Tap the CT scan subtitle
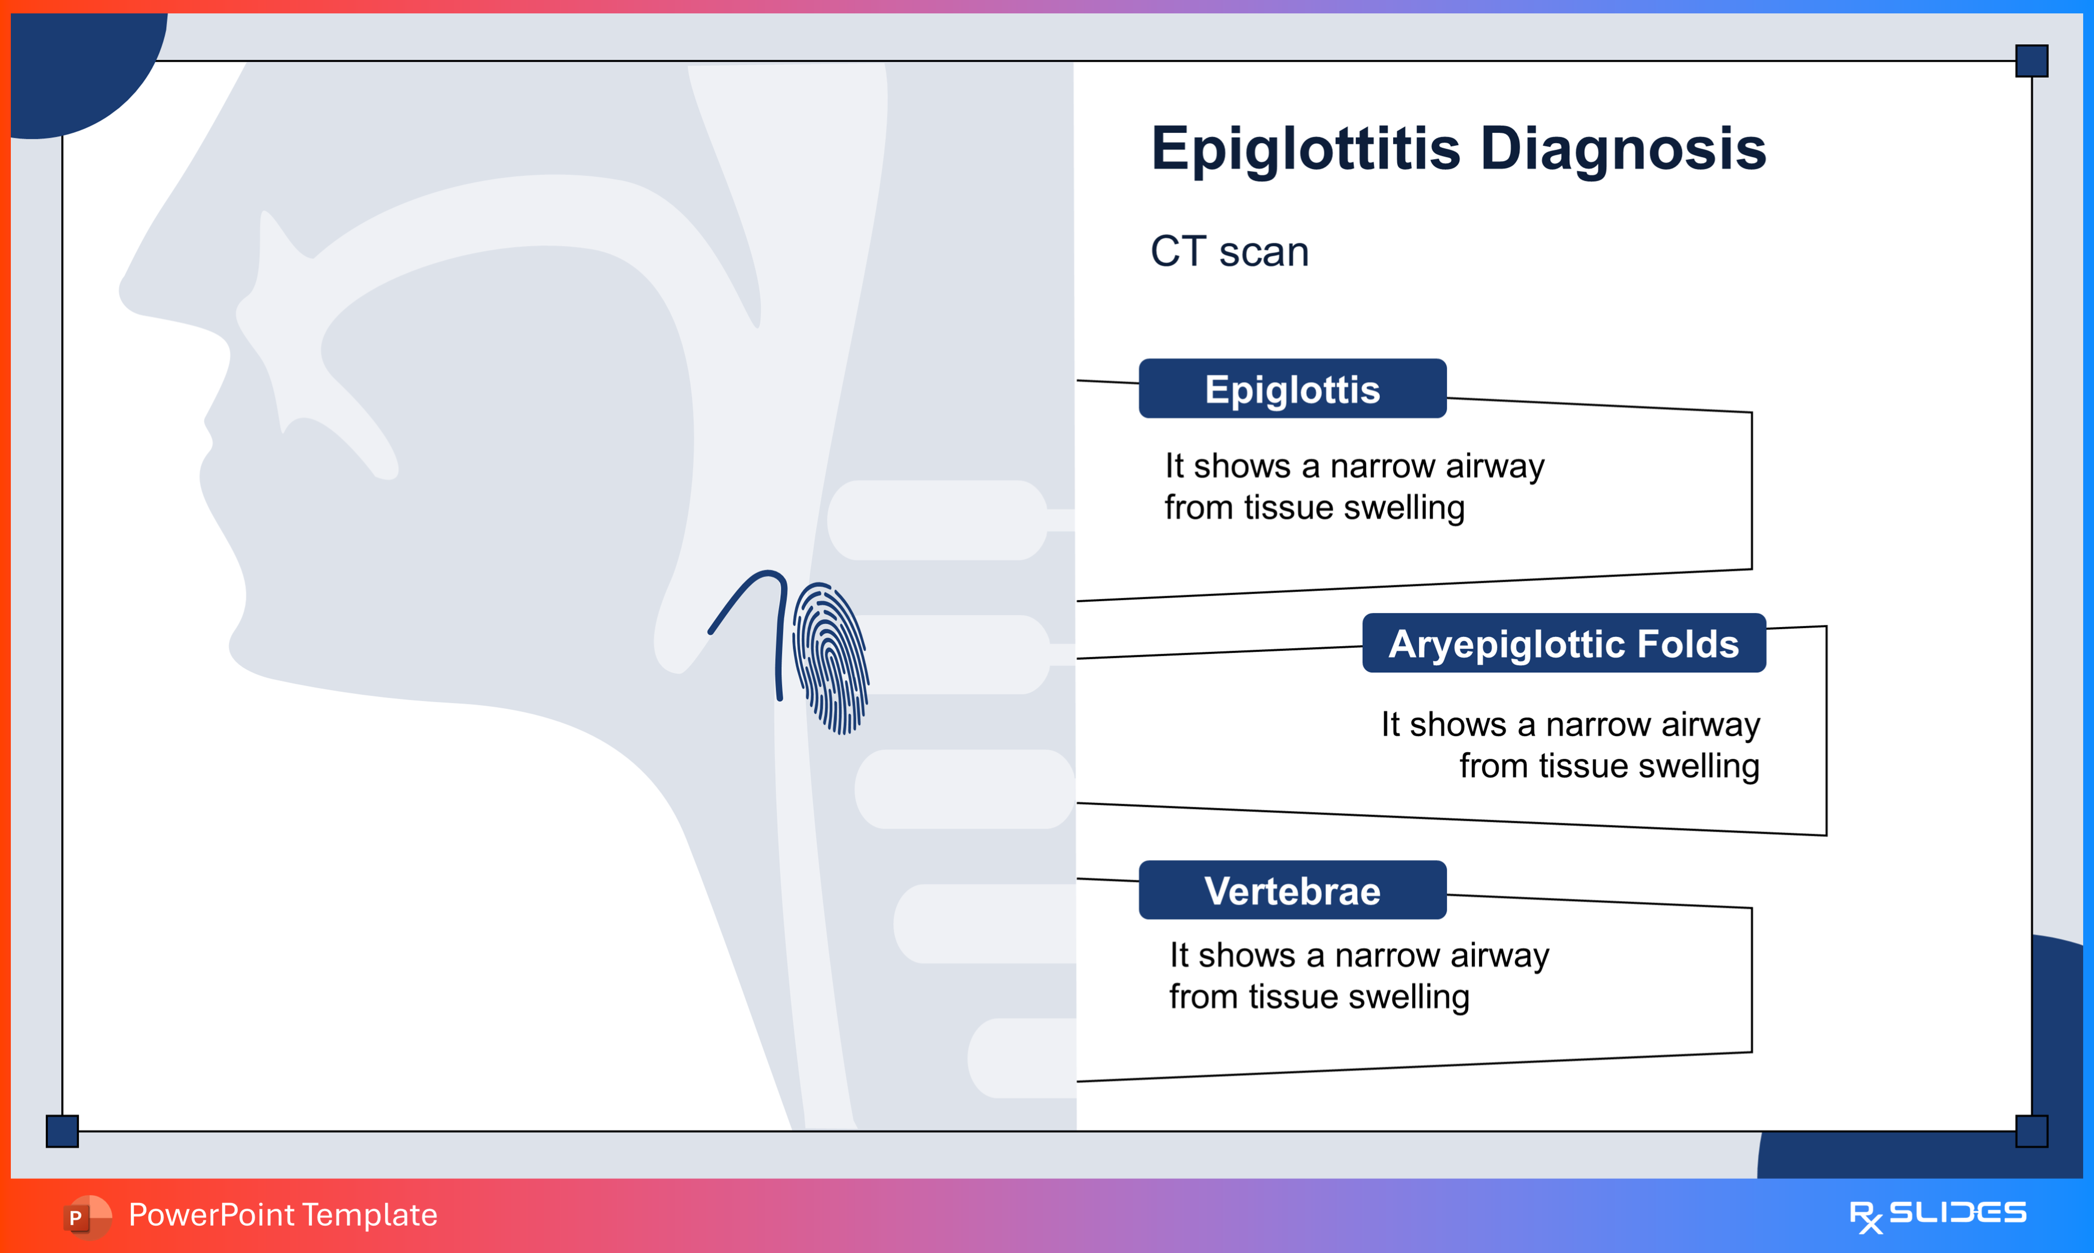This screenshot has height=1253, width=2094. pos(1229,251)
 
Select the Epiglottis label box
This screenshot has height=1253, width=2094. pos(1292,389)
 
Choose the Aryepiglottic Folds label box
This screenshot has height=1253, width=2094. pos(1564,644)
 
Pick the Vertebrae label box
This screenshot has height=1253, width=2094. pos(1292,891)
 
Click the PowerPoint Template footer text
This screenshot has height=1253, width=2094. pos(283,1215)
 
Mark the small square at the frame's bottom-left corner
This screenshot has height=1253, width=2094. pos(62,1130)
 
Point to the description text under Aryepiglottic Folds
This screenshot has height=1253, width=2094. pos(1570,744)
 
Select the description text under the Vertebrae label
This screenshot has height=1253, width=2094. pos(1359,976)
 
